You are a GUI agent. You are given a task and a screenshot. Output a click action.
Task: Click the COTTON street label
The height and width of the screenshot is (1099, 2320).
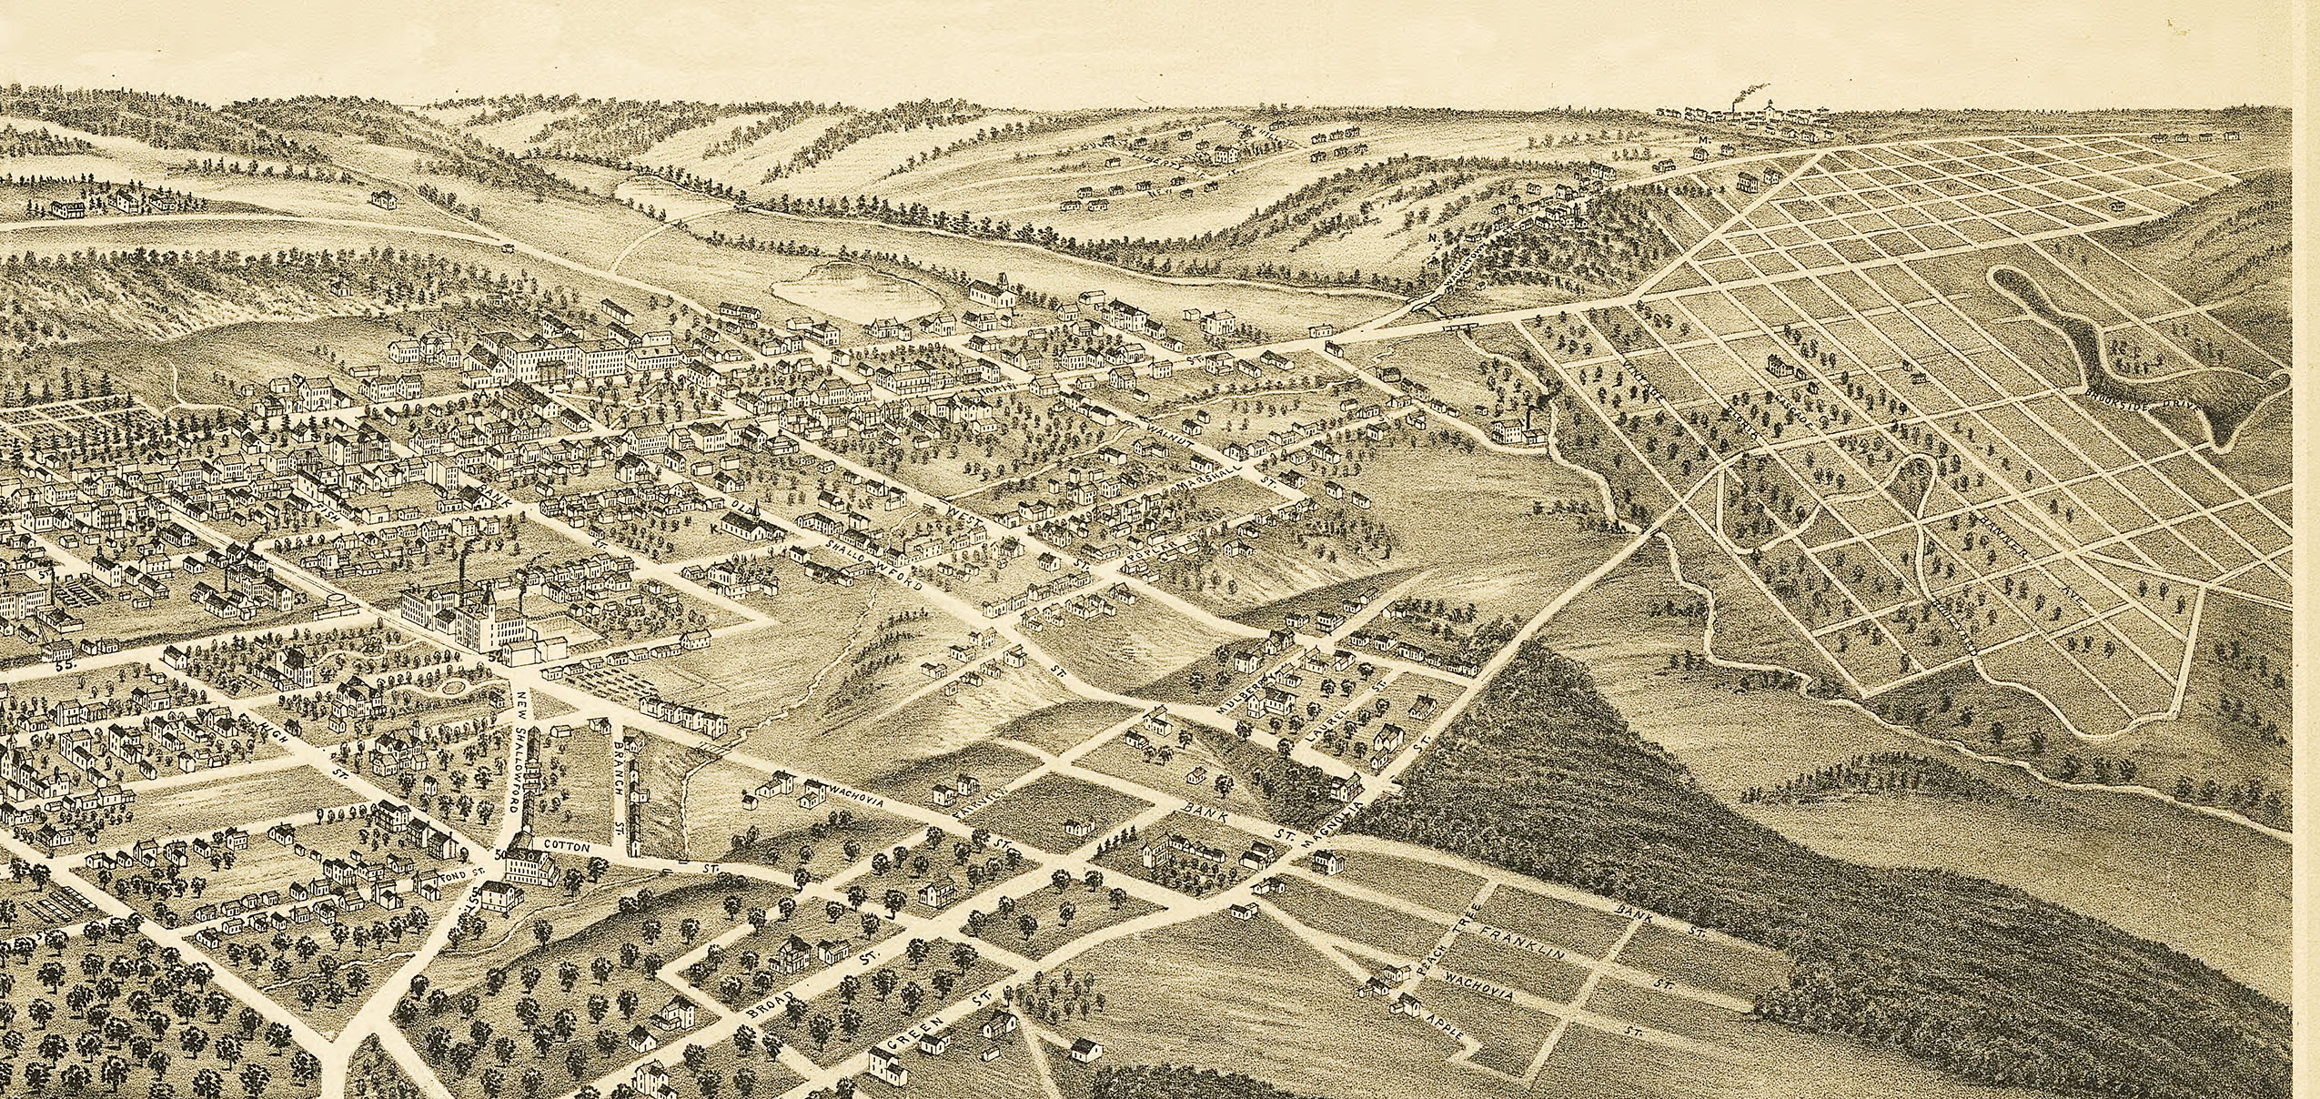[x=567, y=846]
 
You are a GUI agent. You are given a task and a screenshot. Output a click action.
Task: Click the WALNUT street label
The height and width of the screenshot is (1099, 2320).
[x=1170, y=434]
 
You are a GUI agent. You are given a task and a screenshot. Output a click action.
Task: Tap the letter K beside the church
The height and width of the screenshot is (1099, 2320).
[x=715, y=527]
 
